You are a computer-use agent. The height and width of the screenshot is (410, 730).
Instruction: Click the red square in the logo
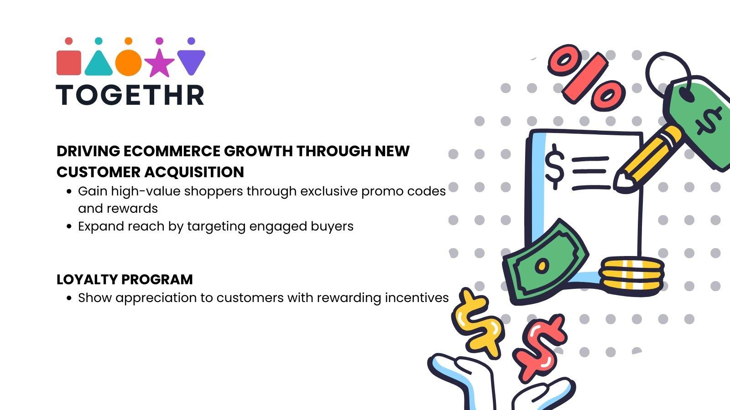tap(68, 62)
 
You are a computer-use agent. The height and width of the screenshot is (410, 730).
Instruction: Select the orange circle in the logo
tap(129, 62)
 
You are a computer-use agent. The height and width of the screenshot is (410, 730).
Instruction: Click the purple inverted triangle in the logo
tap(191, 61)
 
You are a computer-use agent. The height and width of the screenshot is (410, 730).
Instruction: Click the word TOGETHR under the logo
tap(130, 95)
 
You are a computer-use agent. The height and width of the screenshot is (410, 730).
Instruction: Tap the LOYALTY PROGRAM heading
tap(125, 279)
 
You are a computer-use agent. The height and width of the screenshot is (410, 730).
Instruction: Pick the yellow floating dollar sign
tap(477, 321)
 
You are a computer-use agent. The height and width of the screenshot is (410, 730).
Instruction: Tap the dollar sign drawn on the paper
tap(554, 166)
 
